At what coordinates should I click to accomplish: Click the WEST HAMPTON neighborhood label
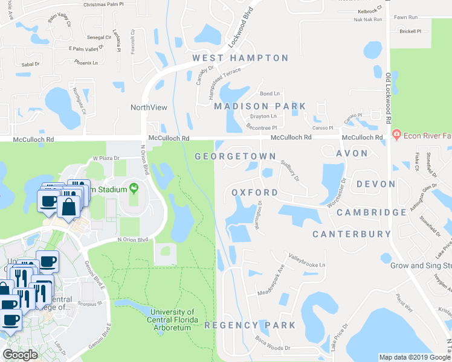[240, 58]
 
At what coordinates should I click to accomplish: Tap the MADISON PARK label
[260, 106]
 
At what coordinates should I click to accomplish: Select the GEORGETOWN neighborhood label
[235, 156]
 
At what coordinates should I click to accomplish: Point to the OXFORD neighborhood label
[255, 193]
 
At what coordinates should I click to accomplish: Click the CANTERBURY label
[352, 233]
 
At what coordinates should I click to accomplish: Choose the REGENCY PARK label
[250, 325]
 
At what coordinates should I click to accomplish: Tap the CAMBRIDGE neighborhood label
[372, 212]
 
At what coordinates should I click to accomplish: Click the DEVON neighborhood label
[376, 184]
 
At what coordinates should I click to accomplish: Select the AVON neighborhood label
[352, 153]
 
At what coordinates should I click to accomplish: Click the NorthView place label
[149, 107]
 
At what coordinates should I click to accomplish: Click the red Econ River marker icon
[397, 133]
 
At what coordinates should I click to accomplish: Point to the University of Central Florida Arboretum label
[170, 320]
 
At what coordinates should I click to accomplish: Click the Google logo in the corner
[20, 355]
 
